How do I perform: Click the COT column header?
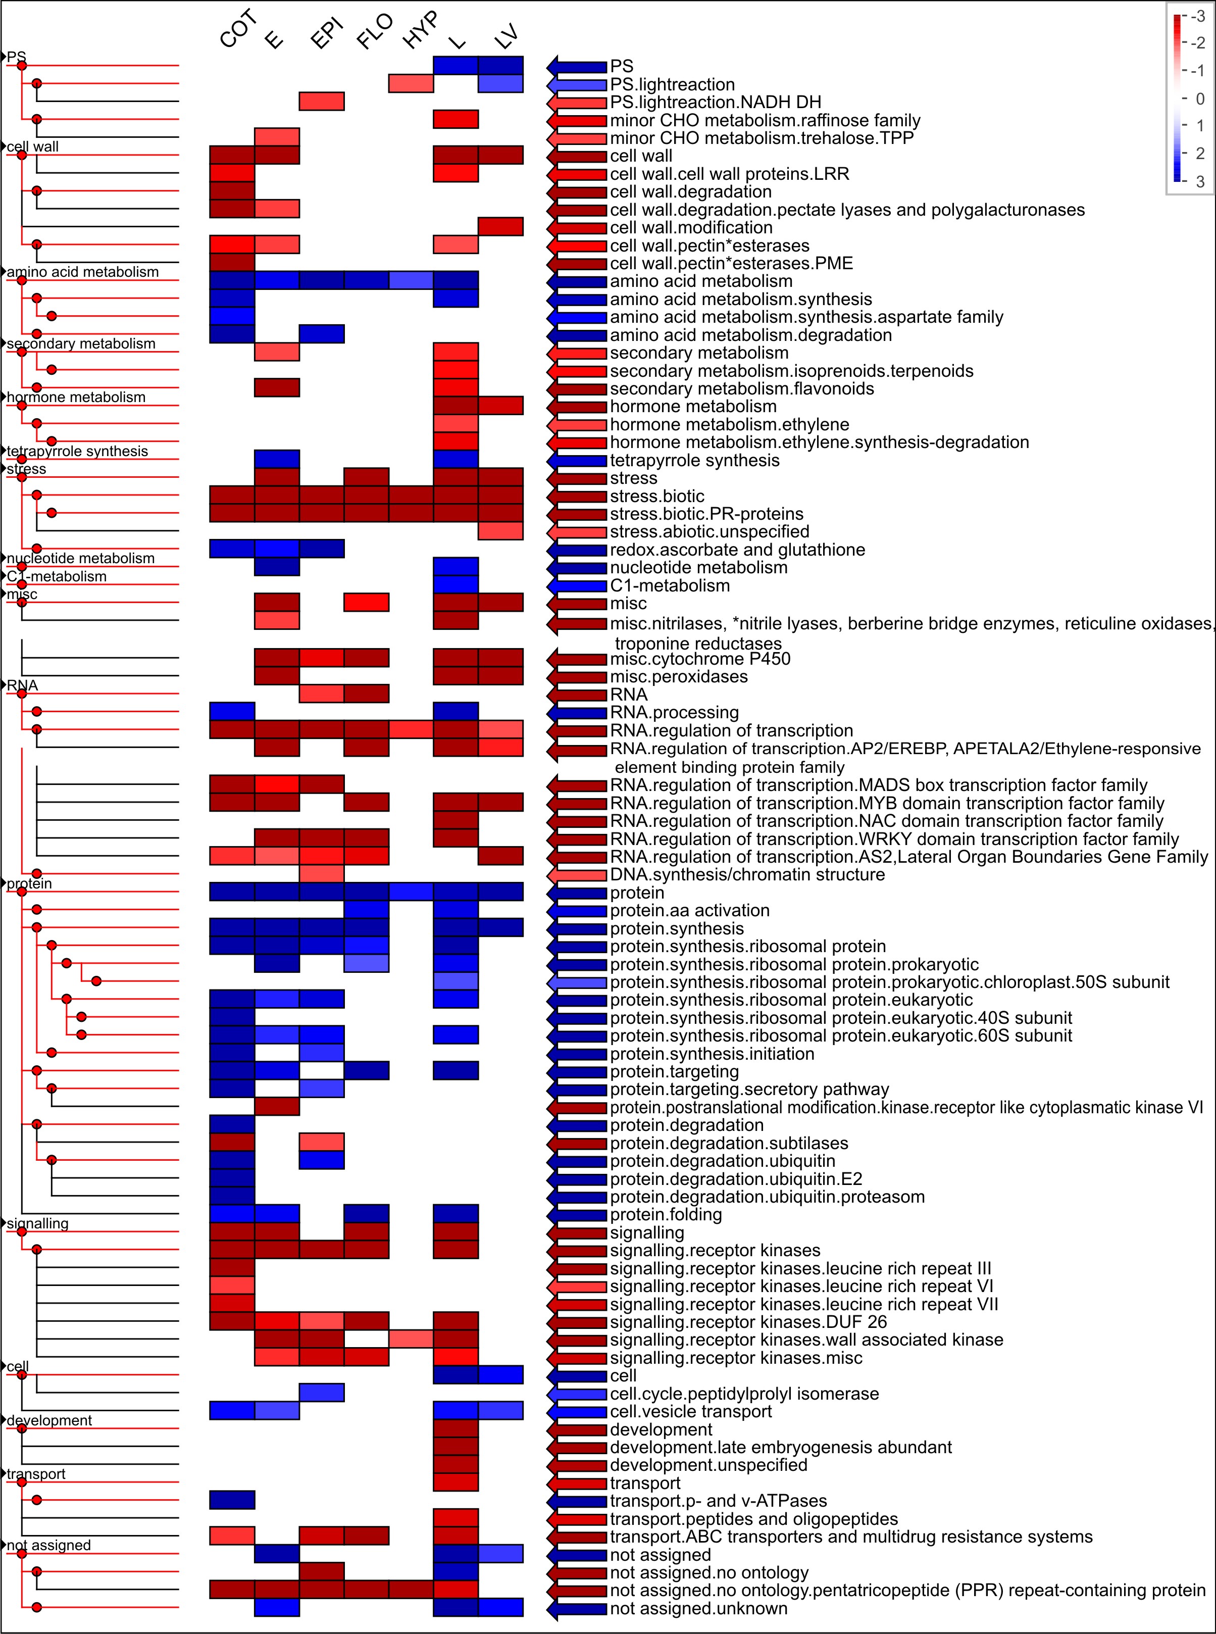pyautogui.click(x=238, y=29)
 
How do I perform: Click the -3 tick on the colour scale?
pyautogui.click(x=1198, y=16)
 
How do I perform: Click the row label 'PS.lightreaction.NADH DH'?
pyautogui.click(x=716, y=103)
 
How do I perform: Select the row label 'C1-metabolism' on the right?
pyautogui.click(x=670, y=586)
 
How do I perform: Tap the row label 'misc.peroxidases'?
pyautogui.click(x=679, y=676)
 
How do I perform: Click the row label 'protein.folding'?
pyautogui.click(x=666, y=1214)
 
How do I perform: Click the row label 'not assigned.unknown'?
pyautogui.click(x=698, y=1608)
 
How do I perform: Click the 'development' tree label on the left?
pyautogui.click(x=49, y=1420)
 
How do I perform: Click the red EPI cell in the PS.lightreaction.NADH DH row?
pyautogui.click(x=322, y=101)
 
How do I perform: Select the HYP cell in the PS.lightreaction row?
pyautogui.click(x=411, y=83)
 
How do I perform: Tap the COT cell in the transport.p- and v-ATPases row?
pyautogui.click(x=233, y=1500)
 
